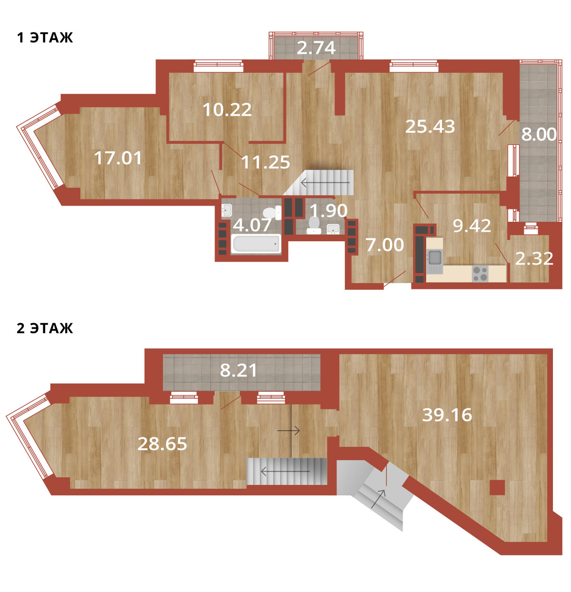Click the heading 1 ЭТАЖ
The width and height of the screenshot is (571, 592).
coord(45,38)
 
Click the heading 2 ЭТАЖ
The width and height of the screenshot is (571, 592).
coord(45,328)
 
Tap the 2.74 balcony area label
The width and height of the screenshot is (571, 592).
coord(316,48)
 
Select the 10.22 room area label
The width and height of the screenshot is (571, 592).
coord(227,109)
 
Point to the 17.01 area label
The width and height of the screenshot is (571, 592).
coord(118,158)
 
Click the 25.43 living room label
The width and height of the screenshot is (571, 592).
coord(430,126)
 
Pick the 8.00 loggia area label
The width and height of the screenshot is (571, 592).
coord(539,135)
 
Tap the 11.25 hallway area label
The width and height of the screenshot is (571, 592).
coord(266,162)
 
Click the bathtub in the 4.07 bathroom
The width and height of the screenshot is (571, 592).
coord(256,244)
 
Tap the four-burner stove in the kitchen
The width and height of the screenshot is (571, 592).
coord(480,274)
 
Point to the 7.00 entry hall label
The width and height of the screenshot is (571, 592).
coord(384,245)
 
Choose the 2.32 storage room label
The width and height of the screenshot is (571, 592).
coord(534,259)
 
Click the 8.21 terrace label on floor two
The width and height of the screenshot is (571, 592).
coord(238,370)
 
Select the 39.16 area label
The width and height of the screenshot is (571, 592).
coord(447,415)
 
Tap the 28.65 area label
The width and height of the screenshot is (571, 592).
coord(162,444)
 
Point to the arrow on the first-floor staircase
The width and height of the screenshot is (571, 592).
coord(325,183)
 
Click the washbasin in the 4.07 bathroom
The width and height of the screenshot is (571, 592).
coord(226,210)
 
